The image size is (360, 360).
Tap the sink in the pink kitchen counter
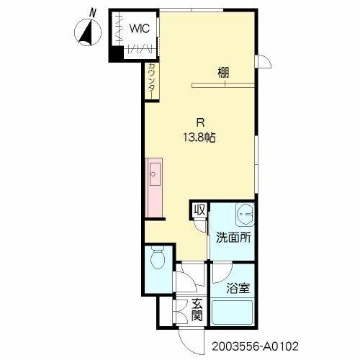pos(154,174)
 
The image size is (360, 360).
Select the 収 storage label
pos(199,210)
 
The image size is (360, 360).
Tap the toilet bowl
pos(158,257)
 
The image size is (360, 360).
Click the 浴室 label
pos(239,288)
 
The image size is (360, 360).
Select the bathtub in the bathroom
pos(232,314)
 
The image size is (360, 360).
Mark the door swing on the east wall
pos(264,63)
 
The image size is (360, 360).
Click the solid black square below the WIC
pos(115,53)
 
